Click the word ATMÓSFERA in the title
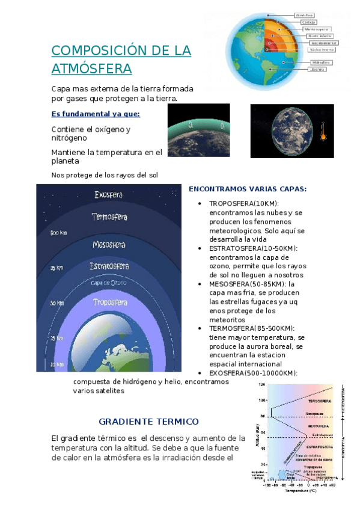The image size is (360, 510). coord(91,69)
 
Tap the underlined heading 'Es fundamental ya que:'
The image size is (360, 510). coord(96,114)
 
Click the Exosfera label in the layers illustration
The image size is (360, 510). coord(109,195)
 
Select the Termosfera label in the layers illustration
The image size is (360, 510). coord(109,217)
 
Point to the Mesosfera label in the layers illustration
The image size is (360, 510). coord(109,245)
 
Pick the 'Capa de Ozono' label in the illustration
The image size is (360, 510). coord(109,282)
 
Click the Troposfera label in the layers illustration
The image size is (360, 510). coord(110,303)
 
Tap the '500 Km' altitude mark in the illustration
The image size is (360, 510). coord(58,232)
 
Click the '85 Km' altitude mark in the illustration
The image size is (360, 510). coord(56,268)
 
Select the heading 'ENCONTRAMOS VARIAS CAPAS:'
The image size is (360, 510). coord(248,189)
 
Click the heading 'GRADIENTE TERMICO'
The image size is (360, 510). coord(148,421)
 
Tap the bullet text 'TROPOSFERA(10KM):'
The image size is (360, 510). coord(244,204)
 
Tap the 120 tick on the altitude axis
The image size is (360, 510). coord(262,384)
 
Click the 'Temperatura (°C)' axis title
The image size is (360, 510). coord(301,491)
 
